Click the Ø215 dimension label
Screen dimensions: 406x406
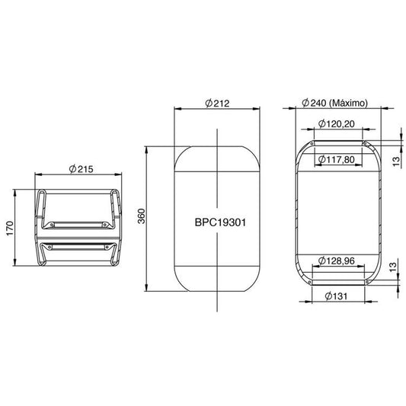point(81,169)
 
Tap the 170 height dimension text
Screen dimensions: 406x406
point(10,228)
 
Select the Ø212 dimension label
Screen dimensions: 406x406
point(217,104)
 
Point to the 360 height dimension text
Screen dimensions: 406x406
point(142,216)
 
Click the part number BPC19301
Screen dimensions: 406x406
point(220,222)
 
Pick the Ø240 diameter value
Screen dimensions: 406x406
point(314,103)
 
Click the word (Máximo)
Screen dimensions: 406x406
point(348,104)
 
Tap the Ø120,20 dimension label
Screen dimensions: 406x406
point(337,123)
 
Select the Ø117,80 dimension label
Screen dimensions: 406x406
point(337,159)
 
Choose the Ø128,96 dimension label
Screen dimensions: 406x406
point(337,261)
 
